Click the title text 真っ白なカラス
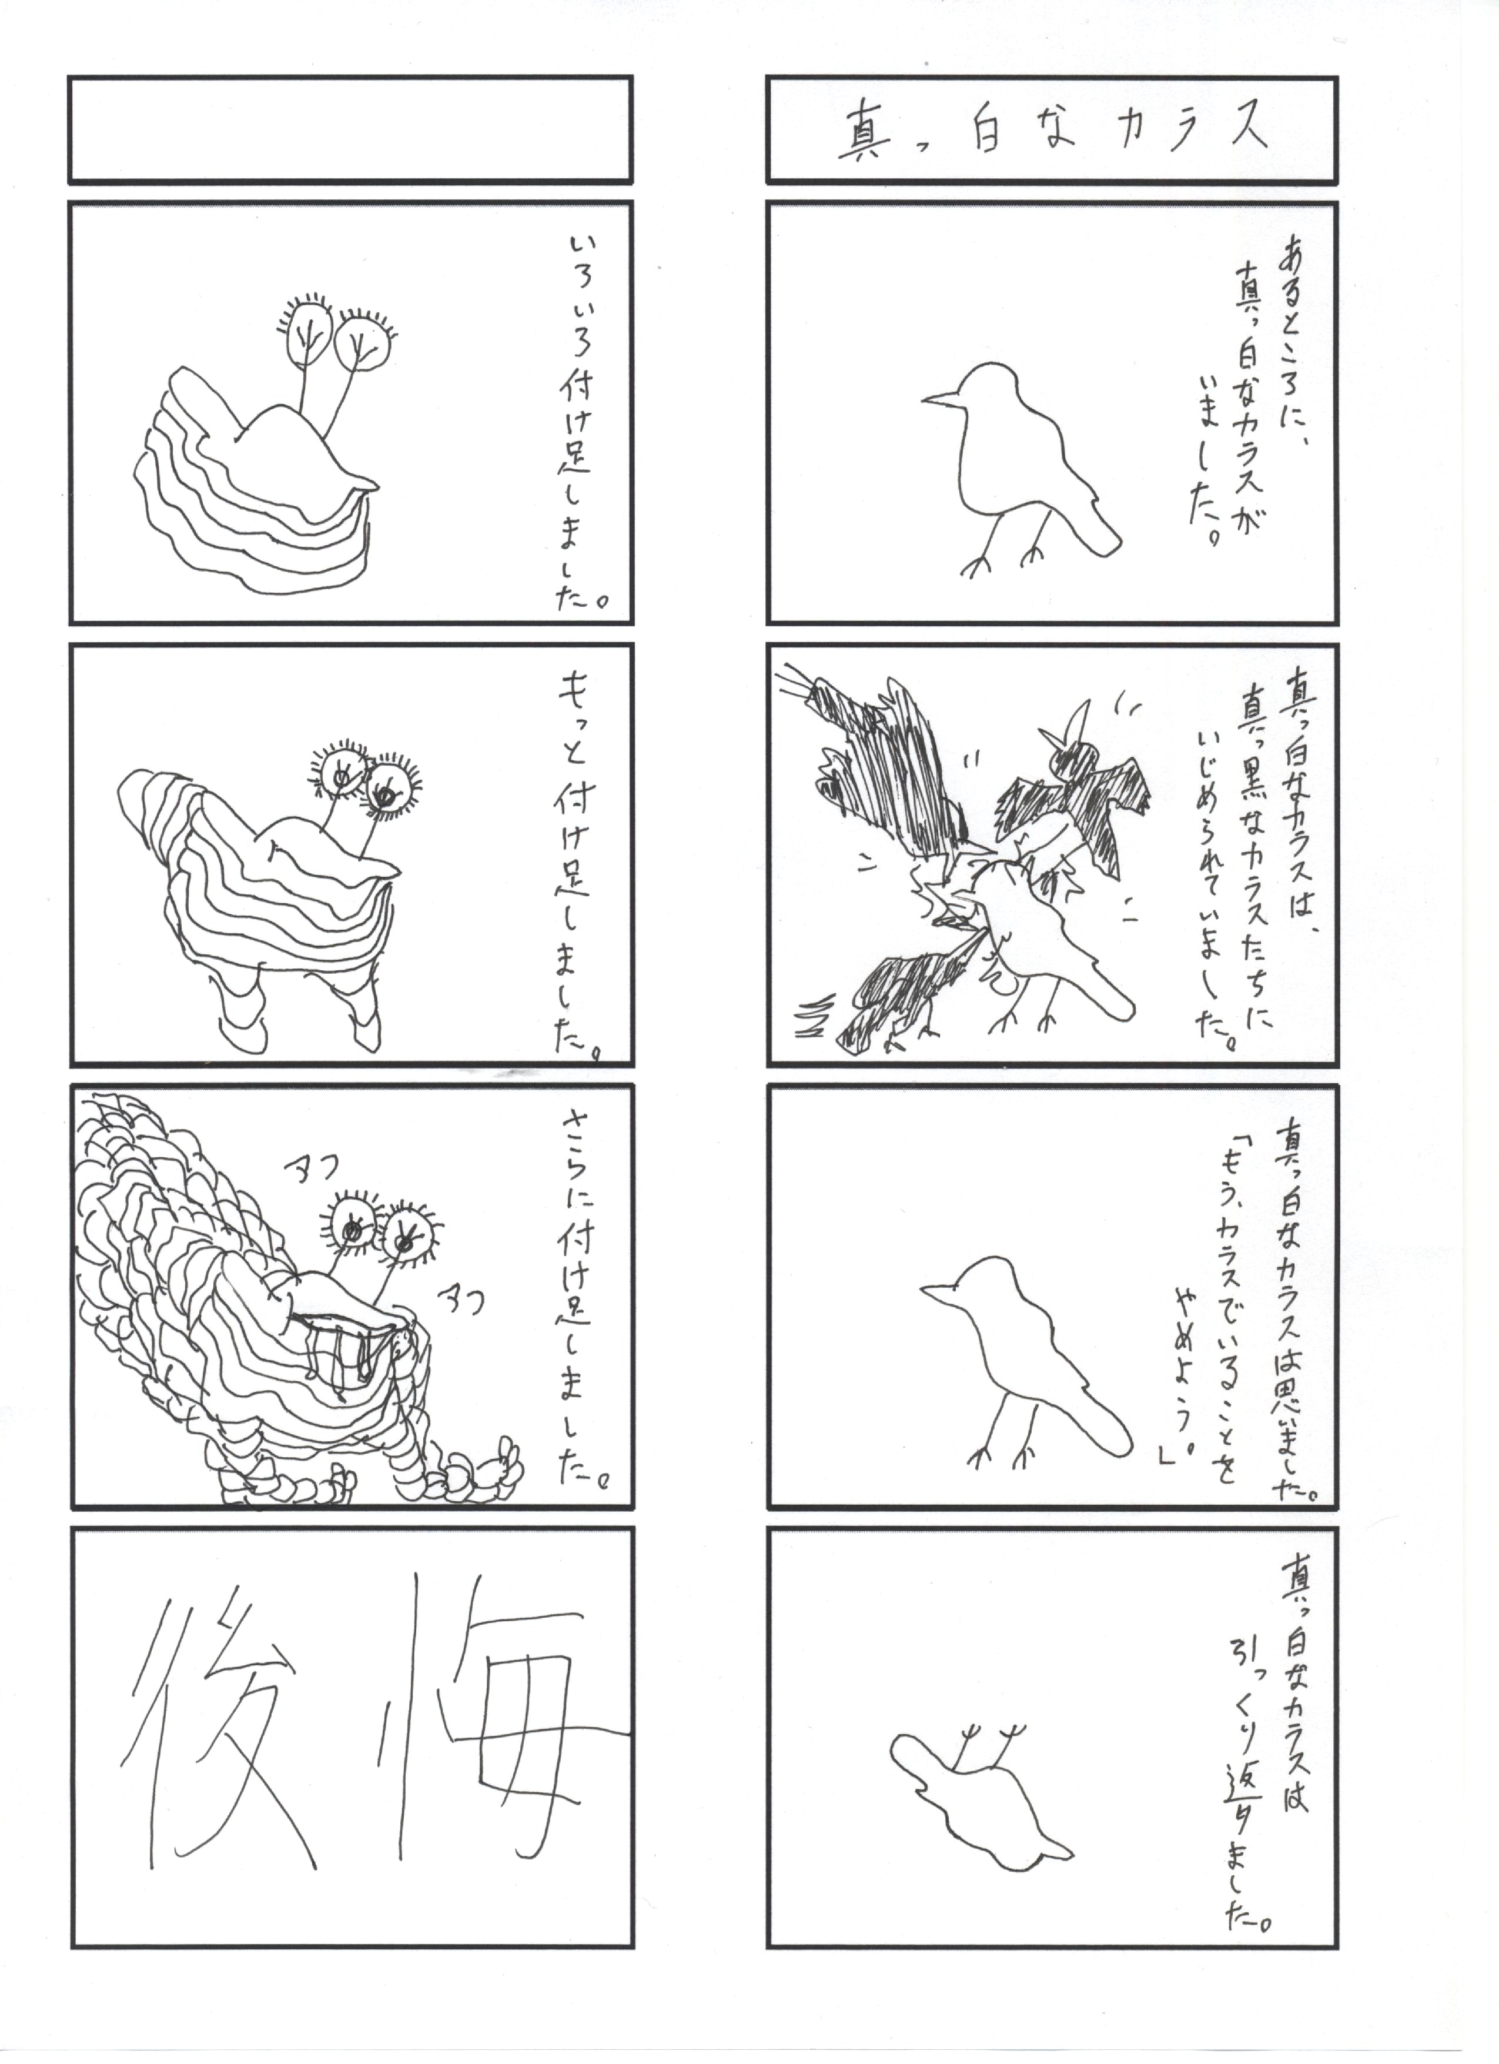pos(1052,130)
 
